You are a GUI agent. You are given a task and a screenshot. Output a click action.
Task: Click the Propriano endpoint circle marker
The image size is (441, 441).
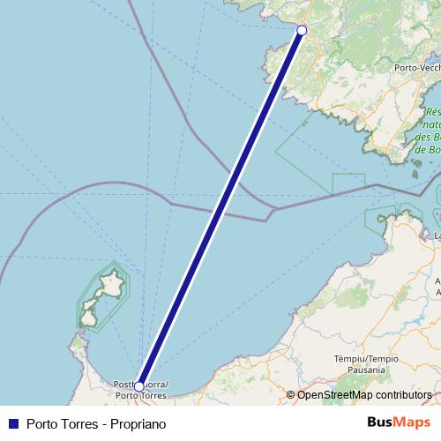(x=302, y=31)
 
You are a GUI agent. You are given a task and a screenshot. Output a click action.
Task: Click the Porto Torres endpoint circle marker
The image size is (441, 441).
(x=139, y=386)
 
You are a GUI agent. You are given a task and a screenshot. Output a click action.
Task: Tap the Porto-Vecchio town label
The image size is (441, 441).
(x=417, y=68)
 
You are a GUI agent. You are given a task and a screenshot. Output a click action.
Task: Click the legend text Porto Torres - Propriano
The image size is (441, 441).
(x=96, y=423)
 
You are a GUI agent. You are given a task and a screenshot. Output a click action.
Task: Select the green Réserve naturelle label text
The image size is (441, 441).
(x=432, y=150)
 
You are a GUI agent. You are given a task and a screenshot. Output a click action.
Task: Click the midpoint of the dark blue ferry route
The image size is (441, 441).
(x=220, y=208)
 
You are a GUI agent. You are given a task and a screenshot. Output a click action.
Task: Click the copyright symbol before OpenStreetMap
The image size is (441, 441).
(x=291, y=394)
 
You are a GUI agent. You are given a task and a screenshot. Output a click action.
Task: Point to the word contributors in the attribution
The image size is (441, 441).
(x=401, y=394)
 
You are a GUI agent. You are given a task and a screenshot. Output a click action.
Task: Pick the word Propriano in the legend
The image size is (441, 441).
(x=139, y=423)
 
